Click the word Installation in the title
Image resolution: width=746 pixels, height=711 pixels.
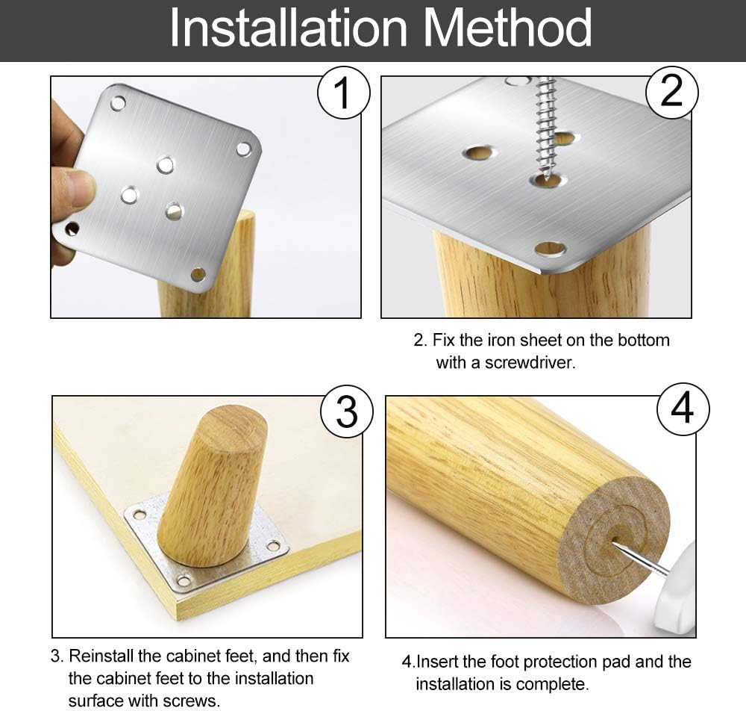coord(288,28)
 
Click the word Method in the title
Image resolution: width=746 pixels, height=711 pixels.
coord(507,28)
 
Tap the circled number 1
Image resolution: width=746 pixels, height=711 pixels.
coord(343,93)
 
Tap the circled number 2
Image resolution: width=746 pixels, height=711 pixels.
coord(671,92)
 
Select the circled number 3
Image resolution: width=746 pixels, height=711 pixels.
coord(347,412)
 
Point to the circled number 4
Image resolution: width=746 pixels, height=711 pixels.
coord(683,409)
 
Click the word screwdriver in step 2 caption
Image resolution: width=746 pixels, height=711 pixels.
coord(530,363)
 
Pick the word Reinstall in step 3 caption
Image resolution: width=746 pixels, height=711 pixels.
coord(101,656)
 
